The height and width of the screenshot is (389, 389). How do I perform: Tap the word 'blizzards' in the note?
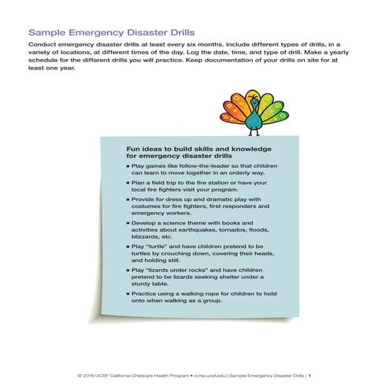point(146,237)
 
